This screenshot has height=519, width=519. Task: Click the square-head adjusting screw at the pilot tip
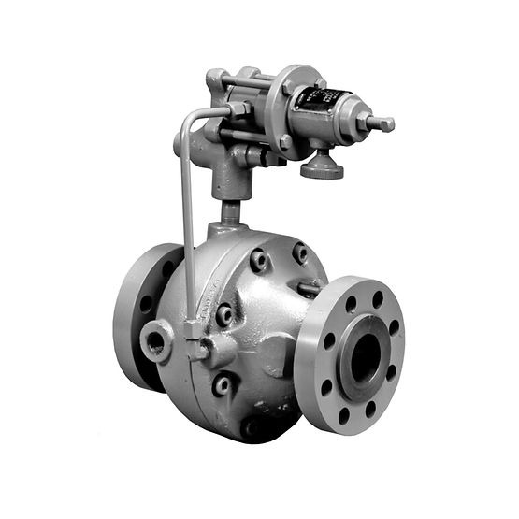pyautogui.click(x=383, y=123)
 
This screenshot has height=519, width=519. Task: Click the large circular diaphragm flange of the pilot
pyautogui.click(x=281, y=109)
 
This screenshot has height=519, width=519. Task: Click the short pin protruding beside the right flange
pyautogui.click(x=306, y=289)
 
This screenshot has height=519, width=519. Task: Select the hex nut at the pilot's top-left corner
pyautogui.click(x=216, y=79)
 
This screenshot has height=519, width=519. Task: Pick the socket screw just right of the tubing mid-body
pyautogui.click(x=224, y=316)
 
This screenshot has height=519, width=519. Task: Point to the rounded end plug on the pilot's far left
pyautogui.click(x=179, y=145)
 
